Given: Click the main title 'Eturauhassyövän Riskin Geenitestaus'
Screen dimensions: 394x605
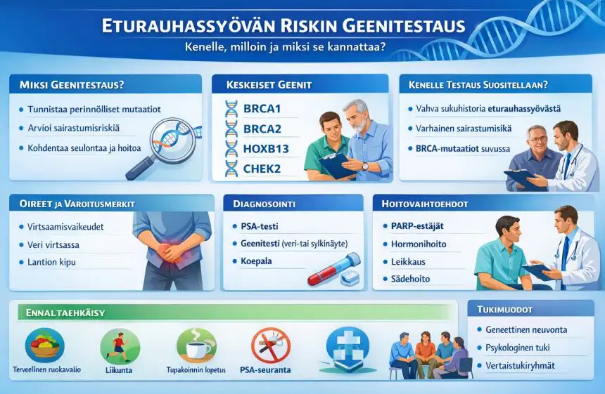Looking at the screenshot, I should point(283,25).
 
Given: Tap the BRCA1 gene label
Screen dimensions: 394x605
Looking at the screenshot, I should point(262,110).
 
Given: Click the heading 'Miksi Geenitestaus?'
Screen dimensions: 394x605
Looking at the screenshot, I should point(67,85).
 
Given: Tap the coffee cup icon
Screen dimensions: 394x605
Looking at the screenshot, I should point(196,344).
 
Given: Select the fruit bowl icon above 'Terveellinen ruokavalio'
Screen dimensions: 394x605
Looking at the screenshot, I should point(44,345).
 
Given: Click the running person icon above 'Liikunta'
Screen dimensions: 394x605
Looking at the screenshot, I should point(120,345).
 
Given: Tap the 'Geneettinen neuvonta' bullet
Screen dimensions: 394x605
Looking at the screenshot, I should point(526,329).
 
